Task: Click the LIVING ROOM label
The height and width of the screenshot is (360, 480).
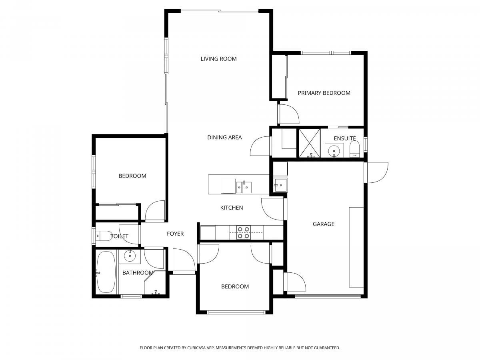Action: [x=218, y=59]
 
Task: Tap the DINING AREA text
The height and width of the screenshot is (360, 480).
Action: [x=224, y=138]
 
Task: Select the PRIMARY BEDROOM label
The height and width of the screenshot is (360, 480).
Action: [x=324, y=93]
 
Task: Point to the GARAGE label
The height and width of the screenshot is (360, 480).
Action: [x=324, y=224]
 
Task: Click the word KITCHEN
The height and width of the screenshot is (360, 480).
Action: [x=232, y=208]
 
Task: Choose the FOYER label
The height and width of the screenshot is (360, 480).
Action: [x=175, y=234]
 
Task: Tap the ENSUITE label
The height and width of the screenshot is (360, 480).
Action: [x=345, y=138]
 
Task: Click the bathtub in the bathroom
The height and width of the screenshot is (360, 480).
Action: [x=106, y=272]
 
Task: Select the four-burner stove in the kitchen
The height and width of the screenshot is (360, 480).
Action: [x=243, y=232]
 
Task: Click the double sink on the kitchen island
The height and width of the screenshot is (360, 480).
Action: [x=244, y=187]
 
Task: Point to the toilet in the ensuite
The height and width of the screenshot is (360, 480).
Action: [x=354, y=149]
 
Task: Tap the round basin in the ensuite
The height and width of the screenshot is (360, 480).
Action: [x=334, y=150]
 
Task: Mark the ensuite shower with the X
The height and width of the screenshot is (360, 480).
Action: [x=310, y=143]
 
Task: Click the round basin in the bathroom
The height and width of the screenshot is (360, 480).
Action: [x=130, y=256]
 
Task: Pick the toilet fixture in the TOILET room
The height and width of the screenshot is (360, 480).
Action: [x=104, y=236]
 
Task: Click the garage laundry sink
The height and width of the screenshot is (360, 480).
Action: [x=280, y=185]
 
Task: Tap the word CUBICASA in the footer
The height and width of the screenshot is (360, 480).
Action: [x=196, y=348]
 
